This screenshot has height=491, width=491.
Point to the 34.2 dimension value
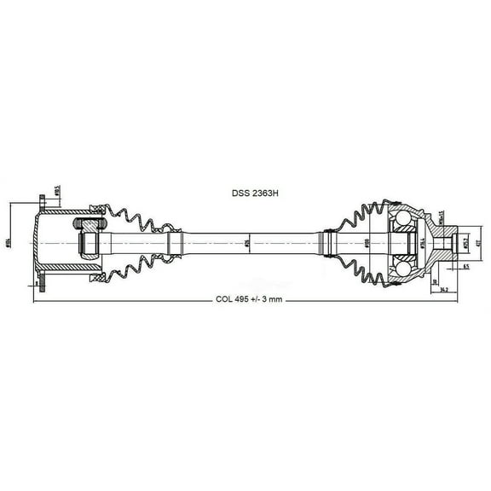click(x=444, y=290)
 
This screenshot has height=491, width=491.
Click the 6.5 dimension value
click(x=466, y=267)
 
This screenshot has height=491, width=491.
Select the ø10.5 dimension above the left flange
click(x=57, y=191)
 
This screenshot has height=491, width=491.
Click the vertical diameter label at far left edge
click(x=9, y=244)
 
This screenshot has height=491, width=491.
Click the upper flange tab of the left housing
click(x=41, y=204)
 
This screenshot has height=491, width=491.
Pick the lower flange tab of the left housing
click(x=41, y=285)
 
